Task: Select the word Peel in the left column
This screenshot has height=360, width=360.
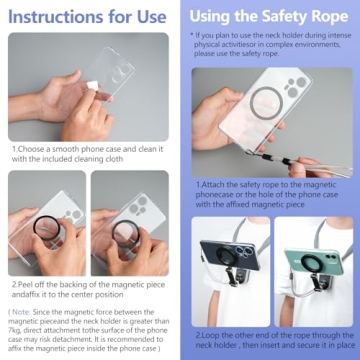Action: [x=29, y=283]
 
